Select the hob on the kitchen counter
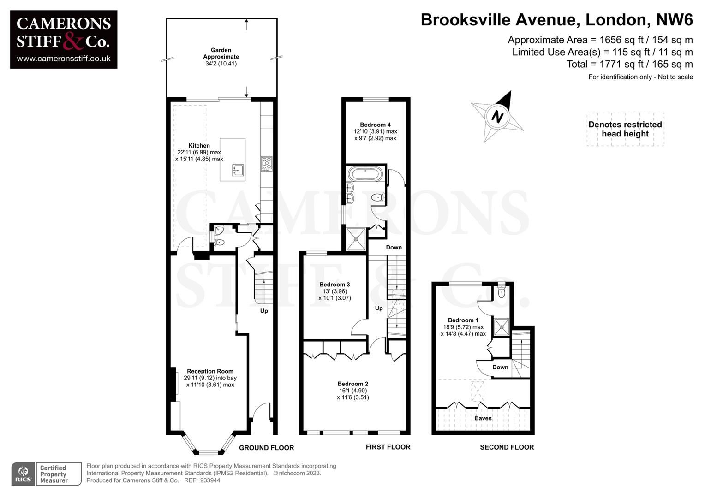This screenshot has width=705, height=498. (267, 164)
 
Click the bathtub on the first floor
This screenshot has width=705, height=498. (364, 174)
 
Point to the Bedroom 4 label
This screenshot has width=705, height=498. (375, 125)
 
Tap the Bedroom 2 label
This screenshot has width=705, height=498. (352, 384)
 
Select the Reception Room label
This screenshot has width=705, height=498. (210, 371)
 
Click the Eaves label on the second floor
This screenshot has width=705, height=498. (483, 418)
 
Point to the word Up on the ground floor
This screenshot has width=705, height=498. (264, 311)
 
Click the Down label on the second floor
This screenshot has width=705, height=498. (500, 367)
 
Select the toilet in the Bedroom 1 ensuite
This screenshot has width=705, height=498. (502, 292)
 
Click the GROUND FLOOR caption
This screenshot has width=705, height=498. (266, 448)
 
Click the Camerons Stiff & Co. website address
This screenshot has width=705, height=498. (64, 59)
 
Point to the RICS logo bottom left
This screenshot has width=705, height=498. (23, 474)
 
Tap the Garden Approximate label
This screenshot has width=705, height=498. (221, 53)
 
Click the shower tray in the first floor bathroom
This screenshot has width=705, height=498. (357, 239)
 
